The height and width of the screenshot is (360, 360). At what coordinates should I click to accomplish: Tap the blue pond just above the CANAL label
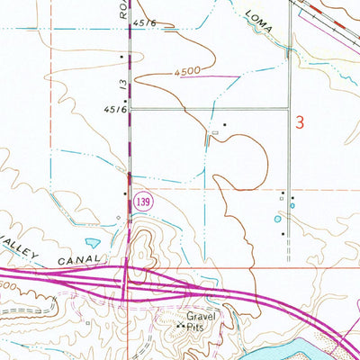(x=91, y=241)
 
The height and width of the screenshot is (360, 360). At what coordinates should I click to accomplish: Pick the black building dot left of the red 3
(x=224, y=124)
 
